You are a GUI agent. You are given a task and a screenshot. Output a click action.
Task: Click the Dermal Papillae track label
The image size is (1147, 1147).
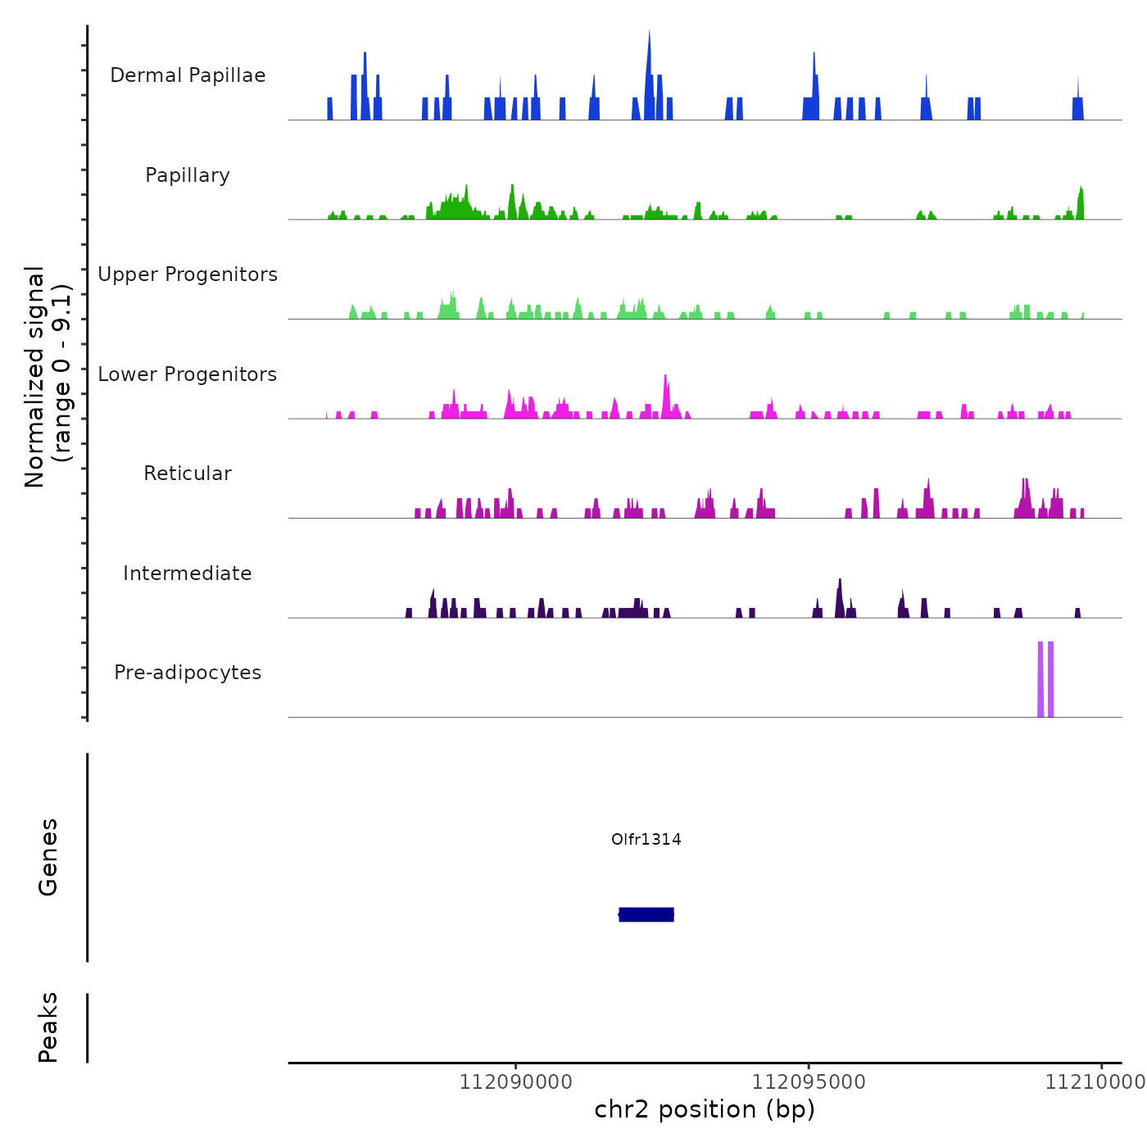coord(188,75)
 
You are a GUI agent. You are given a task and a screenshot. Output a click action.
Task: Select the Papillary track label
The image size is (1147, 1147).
coord(188,175)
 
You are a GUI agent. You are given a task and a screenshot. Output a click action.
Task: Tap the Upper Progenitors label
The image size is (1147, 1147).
coord(188,274)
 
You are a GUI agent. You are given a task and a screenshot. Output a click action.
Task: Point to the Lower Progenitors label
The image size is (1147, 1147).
coord(188,374)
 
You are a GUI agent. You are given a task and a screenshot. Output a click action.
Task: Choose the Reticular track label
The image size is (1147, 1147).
coord(188,474)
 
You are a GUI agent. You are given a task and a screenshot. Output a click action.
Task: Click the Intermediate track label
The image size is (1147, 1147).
coord(188,573)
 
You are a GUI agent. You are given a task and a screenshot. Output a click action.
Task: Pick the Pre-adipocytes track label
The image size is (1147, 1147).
coord(188,673)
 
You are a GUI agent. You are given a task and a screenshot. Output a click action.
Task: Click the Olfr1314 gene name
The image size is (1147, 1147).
coord(646,839)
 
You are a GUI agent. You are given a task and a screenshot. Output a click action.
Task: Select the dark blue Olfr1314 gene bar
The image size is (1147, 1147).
coord(646,914)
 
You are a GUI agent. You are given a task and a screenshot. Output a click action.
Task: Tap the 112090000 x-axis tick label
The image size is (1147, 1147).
coord(515,1082)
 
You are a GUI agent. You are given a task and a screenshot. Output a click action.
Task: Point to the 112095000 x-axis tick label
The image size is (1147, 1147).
coord(809,1082)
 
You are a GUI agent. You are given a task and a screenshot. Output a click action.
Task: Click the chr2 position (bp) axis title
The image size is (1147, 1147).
coord(705,1109)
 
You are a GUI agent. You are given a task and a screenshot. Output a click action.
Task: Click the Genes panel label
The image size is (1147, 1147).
coord(48,857)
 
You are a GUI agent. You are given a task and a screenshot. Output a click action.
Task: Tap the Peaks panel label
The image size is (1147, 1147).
coord(48,1027)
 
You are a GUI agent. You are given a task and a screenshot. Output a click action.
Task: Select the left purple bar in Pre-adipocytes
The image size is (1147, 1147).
coord(1040,679)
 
